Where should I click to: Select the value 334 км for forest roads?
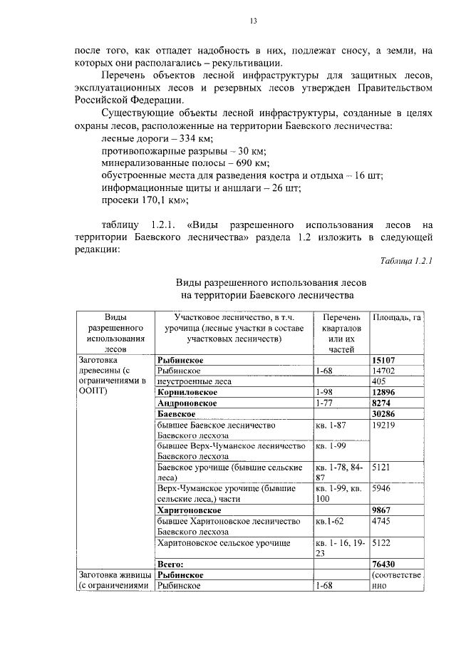[177, 138]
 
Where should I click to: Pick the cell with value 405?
[379, 381]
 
